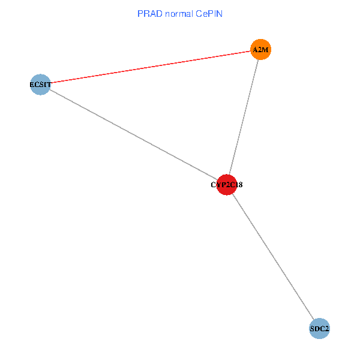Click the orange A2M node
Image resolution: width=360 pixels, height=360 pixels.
pyautogui.click(x=260, y=49)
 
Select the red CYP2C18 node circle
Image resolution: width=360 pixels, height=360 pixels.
pyautogui.click(x=226, y=185)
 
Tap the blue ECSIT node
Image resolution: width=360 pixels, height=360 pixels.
pyautogui.click(x=40, y=85)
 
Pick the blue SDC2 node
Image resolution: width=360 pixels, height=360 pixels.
pyautogui.click(x=320, y=328)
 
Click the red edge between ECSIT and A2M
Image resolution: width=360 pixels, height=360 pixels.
pyautogui.click(x=150, y=67)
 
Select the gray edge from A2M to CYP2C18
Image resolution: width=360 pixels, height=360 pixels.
pyautogui.click(x=244, y=117)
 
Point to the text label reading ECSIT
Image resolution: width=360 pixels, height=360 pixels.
pyautogui.click(x=40, y=85)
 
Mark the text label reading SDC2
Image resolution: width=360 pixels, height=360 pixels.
pyautogui.click(x=320, y=329)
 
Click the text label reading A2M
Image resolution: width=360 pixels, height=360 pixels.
pyautogui.click(x=260, y=50)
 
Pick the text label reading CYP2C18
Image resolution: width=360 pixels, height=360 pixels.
pyautogui.click(x=226, y=185)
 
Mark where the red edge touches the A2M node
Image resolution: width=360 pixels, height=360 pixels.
pyautogui.click(x=250, y=51)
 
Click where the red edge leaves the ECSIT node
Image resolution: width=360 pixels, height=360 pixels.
pyautogui.click(x=50, y=83)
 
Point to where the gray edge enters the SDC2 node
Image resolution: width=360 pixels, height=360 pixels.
pyautogui.click(x=314, y=320)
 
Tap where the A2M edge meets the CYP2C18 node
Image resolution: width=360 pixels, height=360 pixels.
pyautogui.click(x=229, y=174)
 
